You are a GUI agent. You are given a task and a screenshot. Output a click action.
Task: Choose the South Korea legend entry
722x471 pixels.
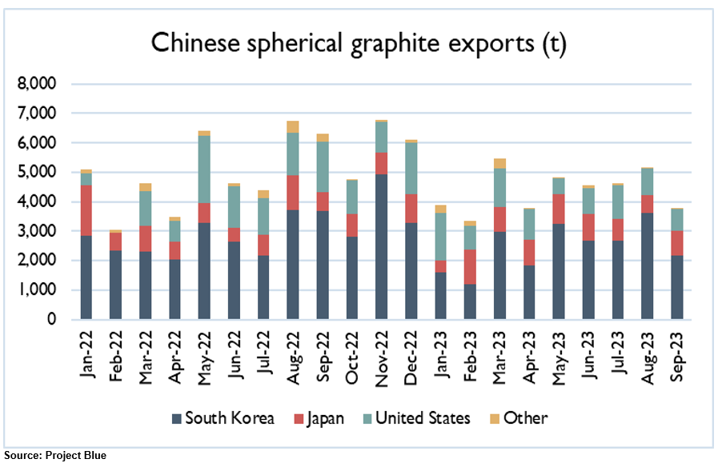(225, 417)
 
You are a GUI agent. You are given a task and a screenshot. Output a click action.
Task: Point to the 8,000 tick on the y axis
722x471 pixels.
(38, 84)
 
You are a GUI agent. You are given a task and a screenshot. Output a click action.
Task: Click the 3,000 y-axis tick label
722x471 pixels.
(38, 231)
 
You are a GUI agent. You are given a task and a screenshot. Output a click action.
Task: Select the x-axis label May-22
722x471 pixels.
(204, 353)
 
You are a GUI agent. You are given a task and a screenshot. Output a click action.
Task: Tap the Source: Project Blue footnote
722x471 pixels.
(54, 455)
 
